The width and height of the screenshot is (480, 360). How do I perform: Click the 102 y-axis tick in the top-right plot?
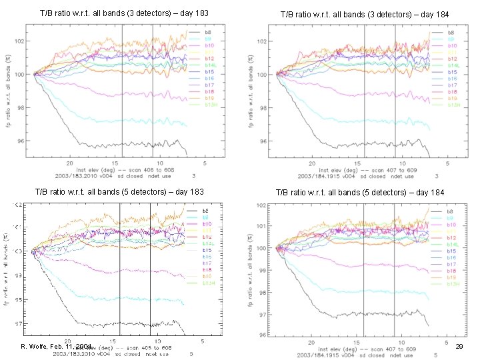coord(261,41)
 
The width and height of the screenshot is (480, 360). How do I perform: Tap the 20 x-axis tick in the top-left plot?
coord(69,163)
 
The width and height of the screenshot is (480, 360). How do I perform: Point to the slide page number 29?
coord(459,347)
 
